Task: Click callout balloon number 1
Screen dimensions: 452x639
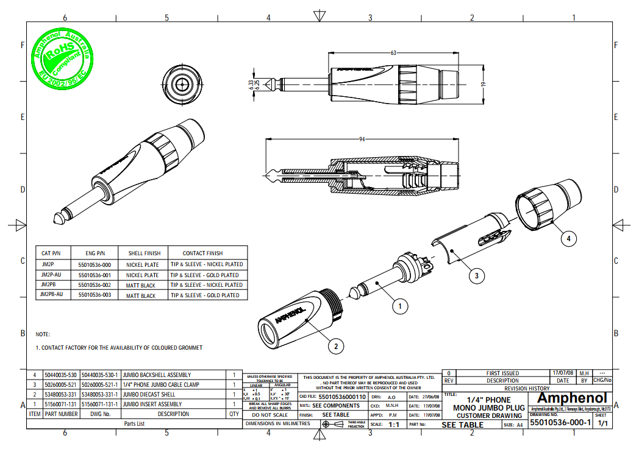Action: (x=399, y=306)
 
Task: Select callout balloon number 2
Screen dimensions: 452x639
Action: (x=335, y=347)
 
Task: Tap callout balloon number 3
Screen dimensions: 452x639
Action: (x=477, y=275)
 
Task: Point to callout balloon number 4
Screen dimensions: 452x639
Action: (x=568, y=238)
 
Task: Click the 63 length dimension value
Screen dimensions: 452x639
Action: (x=393, y=54)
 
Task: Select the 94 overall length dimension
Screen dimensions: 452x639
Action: (x=362, y=139)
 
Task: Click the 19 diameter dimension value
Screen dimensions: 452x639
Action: (x=482, y=85)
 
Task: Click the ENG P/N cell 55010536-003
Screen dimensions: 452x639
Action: (x=95, y=295)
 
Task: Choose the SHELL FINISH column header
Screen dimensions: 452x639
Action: (x=144, y=253)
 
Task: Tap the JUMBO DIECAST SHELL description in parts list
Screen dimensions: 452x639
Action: (x=149, y=394)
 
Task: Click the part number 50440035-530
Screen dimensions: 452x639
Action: (x=61, y=375)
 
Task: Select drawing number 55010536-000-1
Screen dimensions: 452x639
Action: (x=560, y=423)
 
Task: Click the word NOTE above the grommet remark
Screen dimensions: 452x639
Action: (x=43, y=334)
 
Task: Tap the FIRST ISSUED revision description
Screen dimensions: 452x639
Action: (x=502, y=373)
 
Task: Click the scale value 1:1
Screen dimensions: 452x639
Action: (x=393, y=425)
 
